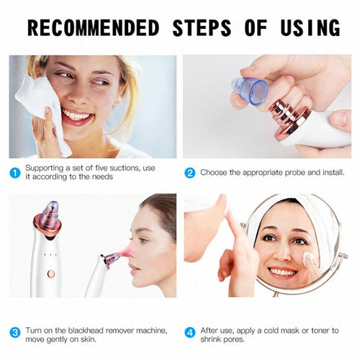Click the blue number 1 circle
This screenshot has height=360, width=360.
14,173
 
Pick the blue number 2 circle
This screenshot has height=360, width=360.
190,173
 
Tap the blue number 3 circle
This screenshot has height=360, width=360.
14,333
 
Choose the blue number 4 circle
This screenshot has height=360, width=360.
190,333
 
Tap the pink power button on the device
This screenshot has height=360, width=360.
50,274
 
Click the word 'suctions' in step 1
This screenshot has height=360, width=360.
125,168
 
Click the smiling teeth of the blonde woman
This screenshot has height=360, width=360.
75,114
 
